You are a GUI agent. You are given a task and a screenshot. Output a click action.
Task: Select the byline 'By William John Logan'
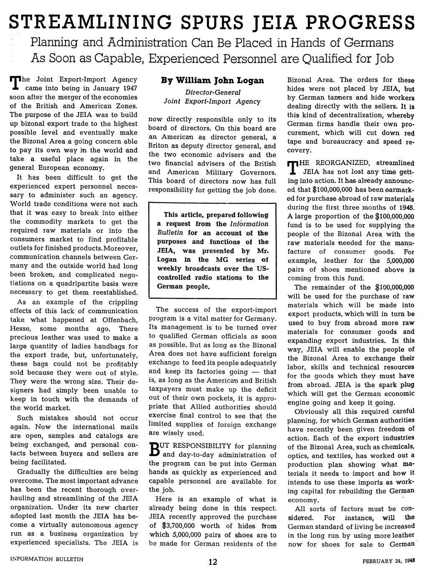coord(213,80)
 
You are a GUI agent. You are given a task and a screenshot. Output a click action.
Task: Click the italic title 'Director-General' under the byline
coord(212,92)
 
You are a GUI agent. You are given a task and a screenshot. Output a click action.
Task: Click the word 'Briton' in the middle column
coord(159,146)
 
